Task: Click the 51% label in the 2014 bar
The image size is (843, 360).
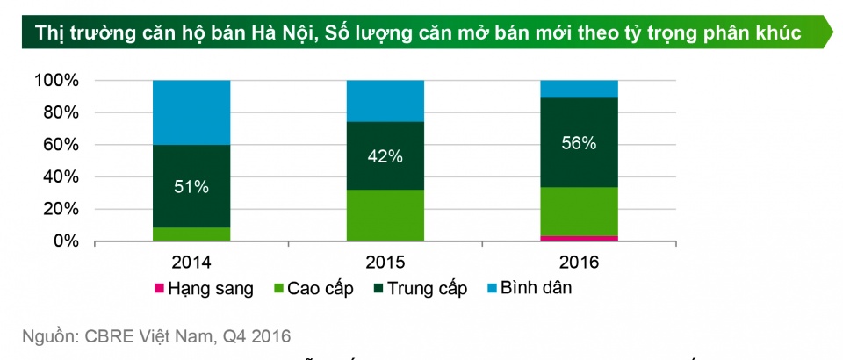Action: pos(191,186)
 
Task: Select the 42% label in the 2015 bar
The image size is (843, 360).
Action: pos(385,156)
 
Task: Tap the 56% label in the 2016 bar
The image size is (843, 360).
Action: pos(579,143)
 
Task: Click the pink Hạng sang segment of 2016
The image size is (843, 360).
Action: pos(579,238)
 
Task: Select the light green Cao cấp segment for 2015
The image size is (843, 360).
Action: pos(385,215)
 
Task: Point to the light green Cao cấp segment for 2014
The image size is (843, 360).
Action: pos(191,234)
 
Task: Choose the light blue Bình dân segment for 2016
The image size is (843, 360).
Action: pos(579,89)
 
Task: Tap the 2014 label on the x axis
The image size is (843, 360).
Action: pos(191,261)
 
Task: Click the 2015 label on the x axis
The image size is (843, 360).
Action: pos(385,261)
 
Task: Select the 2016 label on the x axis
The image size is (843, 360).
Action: pos(579,261)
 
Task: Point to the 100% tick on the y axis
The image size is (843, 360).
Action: pos(57,81)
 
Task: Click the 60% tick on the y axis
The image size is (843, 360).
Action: pos(61,145)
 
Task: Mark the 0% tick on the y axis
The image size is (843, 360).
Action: pos(66,241)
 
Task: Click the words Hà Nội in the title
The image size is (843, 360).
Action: pos(280,33)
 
